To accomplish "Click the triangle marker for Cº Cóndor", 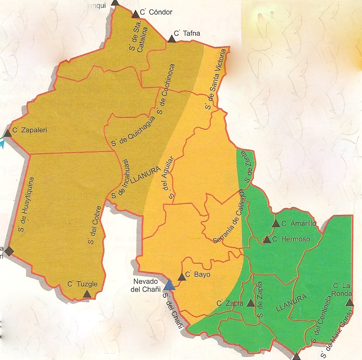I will pyautogui.click(x=135, y=14).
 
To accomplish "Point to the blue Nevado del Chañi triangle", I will pyautogui.click(x=170, y=285).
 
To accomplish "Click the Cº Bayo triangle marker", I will pyautogui.click(x=182, y=277).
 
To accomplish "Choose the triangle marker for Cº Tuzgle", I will pyautogui.click(x=87, y=294).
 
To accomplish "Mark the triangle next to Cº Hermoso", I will pyautogui.click(x=266, y=239).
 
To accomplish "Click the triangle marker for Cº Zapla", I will pyautogui.click(x=250, y=303).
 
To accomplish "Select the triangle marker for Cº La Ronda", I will pyautogui.click(x=350, y=302).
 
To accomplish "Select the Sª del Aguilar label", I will pyautogui.click(x=169, y=178).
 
